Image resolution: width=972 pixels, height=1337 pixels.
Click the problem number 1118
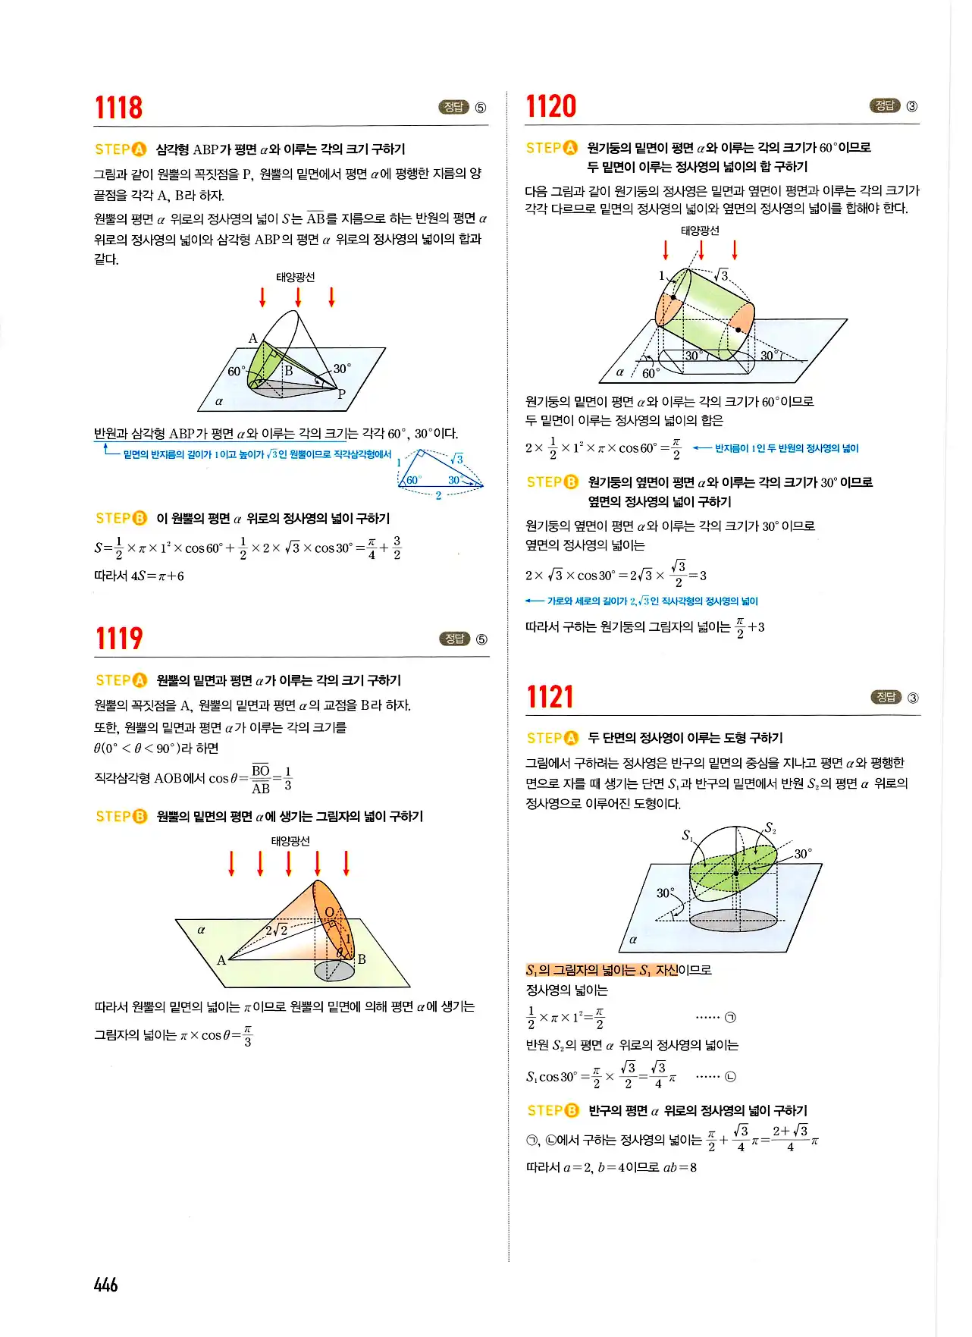click(x=118, y=108)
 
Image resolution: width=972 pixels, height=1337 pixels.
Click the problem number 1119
click(x=118, y=639)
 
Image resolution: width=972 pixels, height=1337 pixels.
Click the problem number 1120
click(x=551, y=106)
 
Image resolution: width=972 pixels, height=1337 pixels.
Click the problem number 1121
click(x=550, y=697)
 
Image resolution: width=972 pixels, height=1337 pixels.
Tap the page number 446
click(x=105, y=1285)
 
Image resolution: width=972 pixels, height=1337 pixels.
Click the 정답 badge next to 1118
click(x=453, y=107)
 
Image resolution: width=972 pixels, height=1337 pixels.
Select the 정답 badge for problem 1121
click(x=886, y=697)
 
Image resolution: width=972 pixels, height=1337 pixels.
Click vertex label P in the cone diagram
click(x=341, y=394)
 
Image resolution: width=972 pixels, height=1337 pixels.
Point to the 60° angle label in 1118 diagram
click(x=237, y=371)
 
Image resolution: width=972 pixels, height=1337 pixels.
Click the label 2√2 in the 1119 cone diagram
click(x=276, y=930)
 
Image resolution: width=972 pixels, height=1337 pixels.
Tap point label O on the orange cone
click(x=329, y=912)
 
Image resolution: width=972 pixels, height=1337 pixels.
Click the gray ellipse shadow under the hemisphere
click(x=733, y=920)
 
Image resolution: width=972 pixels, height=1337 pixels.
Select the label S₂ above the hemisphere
click(x=770, y=828)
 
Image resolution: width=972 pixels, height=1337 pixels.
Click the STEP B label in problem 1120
click(x=552, y=482)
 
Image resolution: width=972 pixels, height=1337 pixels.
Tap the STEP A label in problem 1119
click(x=121, y=680)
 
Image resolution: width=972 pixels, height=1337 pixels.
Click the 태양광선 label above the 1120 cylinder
click(x=700, y=231)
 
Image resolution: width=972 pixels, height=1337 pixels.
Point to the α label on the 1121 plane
click(x=633, y=940)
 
